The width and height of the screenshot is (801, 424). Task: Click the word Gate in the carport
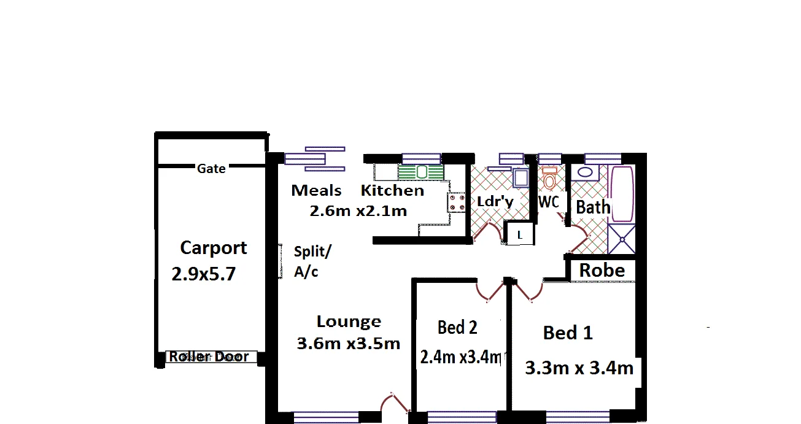[211, 168]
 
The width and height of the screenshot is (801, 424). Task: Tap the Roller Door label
[209, 357]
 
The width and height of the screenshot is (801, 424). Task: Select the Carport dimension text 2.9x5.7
[203, 274]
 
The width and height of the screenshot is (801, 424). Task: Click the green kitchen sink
[422, 172]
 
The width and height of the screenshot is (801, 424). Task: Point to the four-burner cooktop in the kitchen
[455, 202]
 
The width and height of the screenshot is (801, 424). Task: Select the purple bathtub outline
[622, 193]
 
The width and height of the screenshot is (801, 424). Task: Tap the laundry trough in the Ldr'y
[520, 178]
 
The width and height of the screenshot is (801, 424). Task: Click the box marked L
[519, 234]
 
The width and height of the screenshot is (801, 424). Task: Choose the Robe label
[602, 270]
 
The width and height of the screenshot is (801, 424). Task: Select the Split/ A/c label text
[312, 261]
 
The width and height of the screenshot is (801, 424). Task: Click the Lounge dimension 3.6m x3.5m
[348, 344]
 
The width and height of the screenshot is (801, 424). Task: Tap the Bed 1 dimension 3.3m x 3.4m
[579, 368]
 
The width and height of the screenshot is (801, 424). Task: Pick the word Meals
[316, 190]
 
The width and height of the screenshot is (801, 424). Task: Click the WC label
[548, 202]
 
